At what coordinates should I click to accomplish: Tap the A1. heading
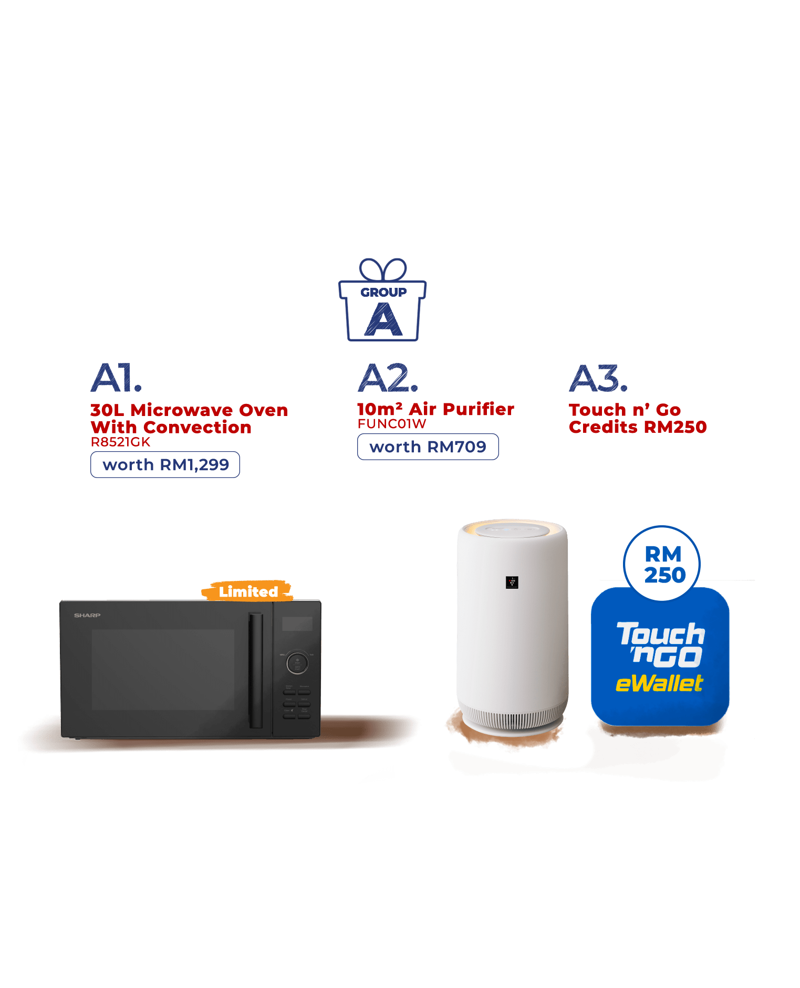[116, 378]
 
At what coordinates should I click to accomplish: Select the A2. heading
[388, 378]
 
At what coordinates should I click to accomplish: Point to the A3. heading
[598, 378]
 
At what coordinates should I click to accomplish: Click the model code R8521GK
[120, 442]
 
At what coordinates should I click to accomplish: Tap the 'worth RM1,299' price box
[165, 465]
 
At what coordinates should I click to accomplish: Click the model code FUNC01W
[391, 424]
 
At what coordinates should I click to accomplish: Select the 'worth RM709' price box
[428, 447]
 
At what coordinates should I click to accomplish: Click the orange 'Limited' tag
[247, 591]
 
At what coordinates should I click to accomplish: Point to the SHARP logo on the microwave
[87, 615]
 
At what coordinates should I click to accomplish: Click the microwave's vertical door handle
[255, 670]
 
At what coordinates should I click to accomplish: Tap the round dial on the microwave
[297, 662]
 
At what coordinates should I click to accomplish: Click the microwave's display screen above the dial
[297, 624]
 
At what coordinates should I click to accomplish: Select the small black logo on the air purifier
[512, 582]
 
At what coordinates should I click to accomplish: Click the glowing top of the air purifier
[512, 530]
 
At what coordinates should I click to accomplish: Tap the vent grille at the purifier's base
[512, 716]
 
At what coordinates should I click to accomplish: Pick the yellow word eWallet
[659, 684]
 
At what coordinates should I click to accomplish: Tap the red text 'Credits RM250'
[638, 427]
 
